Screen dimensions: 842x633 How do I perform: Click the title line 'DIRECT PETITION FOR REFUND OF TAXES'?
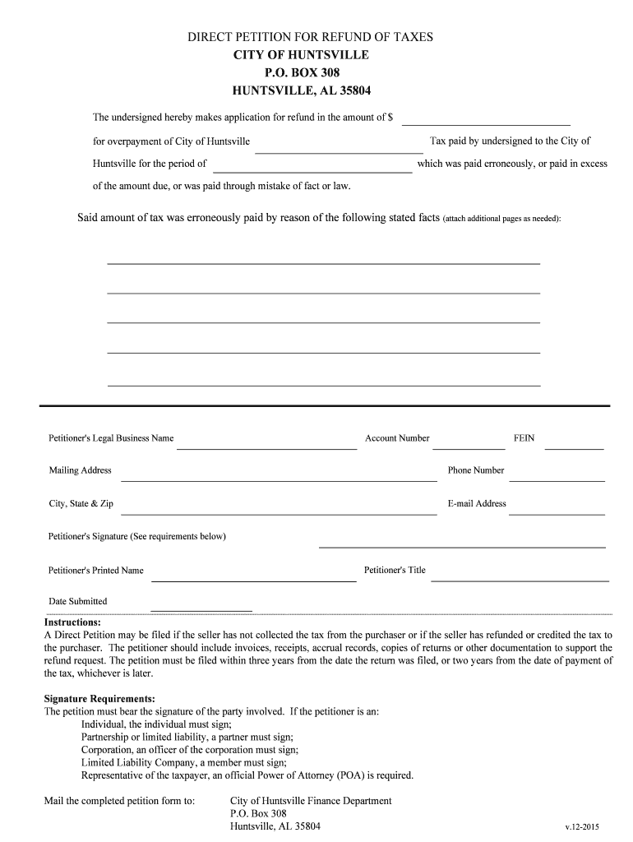pos(311,37)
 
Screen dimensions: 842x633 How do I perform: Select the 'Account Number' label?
pos(397,438)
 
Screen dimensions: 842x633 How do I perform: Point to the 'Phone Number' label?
pos(476,470)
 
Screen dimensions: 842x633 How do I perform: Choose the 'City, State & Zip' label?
pos(81,503)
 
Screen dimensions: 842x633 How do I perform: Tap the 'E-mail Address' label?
pos(477,503)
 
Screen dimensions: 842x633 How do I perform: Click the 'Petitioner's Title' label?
pos(395,570)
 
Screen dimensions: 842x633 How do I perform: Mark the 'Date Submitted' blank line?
pos(201,609)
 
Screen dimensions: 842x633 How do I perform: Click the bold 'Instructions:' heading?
pos(72,622)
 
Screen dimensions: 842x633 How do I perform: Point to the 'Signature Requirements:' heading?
pos(99,699)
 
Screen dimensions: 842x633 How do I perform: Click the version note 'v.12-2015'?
pos(583,826)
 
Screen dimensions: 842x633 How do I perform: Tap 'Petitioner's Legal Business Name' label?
pos(111,438)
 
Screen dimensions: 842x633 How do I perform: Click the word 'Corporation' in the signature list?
pos(107,750)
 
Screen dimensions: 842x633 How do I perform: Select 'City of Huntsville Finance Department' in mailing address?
pos(311,801)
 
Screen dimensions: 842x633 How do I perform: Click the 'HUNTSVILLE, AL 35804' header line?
pos(307,90)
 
